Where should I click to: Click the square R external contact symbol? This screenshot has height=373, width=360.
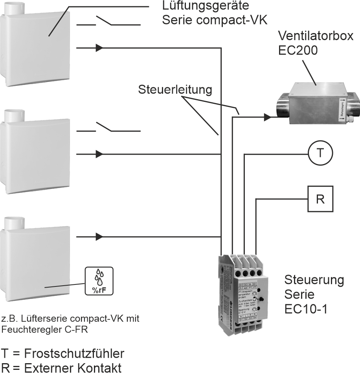pos(320,199)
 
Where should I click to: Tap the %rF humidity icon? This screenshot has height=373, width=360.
pos(99,281)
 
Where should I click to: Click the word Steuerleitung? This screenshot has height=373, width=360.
pos(175,90)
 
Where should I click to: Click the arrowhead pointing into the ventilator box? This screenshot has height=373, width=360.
pos(267,116)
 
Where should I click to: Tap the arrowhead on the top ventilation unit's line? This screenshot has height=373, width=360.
pos(99,48)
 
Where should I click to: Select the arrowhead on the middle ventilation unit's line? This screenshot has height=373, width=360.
pos(99,154)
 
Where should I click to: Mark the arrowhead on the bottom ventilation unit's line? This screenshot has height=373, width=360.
pos(99,237)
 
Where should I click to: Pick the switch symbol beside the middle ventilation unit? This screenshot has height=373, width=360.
pos(108,128)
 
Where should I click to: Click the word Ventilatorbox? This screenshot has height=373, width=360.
pos(316,36)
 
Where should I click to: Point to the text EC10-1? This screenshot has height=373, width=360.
pos(306,308)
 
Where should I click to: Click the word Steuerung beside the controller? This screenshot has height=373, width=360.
pos(314,281)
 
